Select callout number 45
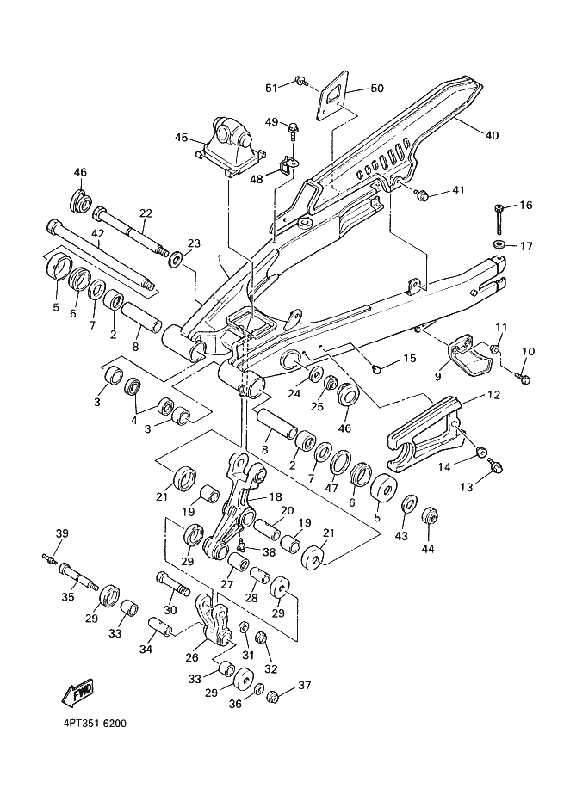pos(182,138)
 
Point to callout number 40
pos(492,135)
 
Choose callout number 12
pos(493,396)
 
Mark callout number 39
pos(61,534)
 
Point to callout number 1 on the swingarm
pos(220,258)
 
